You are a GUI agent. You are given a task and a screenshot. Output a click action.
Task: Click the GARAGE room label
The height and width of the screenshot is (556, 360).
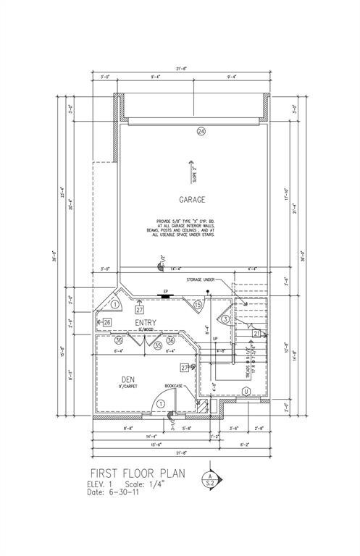point(192,199)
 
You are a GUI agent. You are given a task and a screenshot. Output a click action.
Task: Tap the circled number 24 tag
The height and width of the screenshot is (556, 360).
point(201,131)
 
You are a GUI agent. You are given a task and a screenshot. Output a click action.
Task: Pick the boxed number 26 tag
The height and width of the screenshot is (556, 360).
point(106,321)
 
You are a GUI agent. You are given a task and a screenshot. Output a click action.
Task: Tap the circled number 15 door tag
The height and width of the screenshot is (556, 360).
point(198,306)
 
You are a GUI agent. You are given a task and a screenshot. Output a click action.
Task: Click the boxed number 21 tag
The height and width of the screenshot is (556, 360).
point(256,333)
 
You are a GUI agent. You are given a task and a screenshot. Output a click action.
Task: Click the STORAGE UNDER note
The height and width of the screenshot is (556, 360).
point(201,278)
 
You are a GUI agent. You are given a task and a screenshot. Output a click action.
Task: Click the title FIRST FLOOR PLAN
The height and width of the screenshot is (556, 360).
point(138,473)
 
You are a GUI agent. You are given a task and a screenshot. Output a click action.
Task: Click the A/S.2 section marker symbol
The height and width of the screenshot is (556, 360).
point(211,478)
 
